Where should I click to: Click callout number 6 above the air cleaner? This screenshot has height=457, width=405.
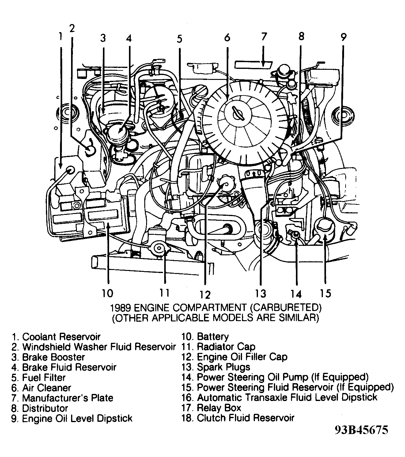pos(227,38)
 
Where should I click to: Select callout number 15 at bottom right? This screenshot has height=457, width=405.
pos(326,293)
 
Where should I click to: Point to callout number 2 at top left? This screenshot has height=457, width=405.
pos(72,28)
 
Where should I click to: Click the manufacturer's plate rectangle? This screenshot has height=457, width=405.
pos(254,65)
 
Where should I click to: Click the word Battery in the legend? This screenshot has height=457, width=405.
pos(213,337)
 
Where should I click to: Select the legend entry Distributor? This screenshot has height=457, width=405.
pos(45,408)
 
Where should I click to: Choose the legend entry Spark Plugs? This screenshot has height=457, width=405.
pos(223,367)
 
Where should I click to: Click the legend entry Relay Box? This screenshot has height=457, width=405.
pos(219,408)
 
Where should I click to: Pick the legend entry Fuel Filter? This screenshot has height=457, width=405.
pos(44,377)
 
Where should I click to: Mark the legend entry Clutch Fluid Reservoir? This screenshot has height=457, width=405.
pos(245,418)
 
